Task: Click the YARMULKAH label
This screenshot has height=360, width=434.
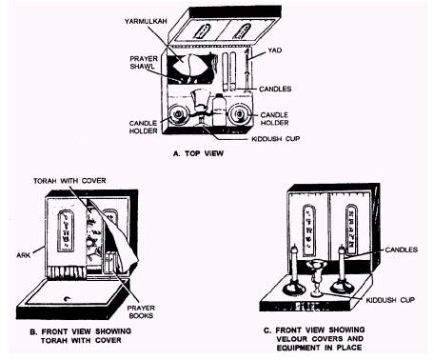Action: click(x=146, y=21)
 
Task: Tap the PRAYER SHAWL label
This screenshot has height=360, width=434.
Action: click(x=144, y=62)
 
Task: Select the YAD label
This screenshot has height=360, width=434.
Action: click(x=274, y=50)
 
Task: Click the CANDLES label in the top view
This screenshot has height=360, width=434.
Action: click(x=275, y=89)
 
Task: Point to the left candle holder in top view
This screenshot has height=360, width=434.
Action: click(x=178, y=114)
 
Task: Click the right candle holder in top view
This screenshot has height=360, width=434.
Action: click(x=240, y=113)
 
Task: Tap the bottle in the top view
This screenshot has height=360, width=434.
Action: click(x=219, y=110)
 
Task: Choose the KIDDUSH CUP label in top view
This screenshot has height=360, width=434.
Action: click(x=275, y=139)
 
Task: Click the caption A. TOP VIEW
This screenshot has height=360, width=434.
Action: click(x=198, y=153)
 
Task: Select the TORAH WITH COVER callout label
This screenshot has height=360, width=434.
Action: click(x=69, y=181)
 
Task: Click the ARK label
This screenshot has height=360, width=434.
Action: click(x=24, y=255)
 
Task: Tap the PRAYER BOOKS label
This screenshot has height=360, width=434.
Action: click(x=141, y=311)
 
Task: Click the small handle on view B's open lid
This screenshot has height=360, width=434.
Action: click(x=68, y=298)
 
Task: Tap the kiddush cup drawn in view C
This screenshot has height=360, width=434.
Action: click(x=315, y=278)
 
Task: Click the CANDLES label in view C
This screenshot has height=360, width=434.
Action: click(x=402, y=250)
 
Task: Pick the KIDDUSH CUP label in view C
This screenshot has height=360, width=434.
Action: click(x=390, y=300)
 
